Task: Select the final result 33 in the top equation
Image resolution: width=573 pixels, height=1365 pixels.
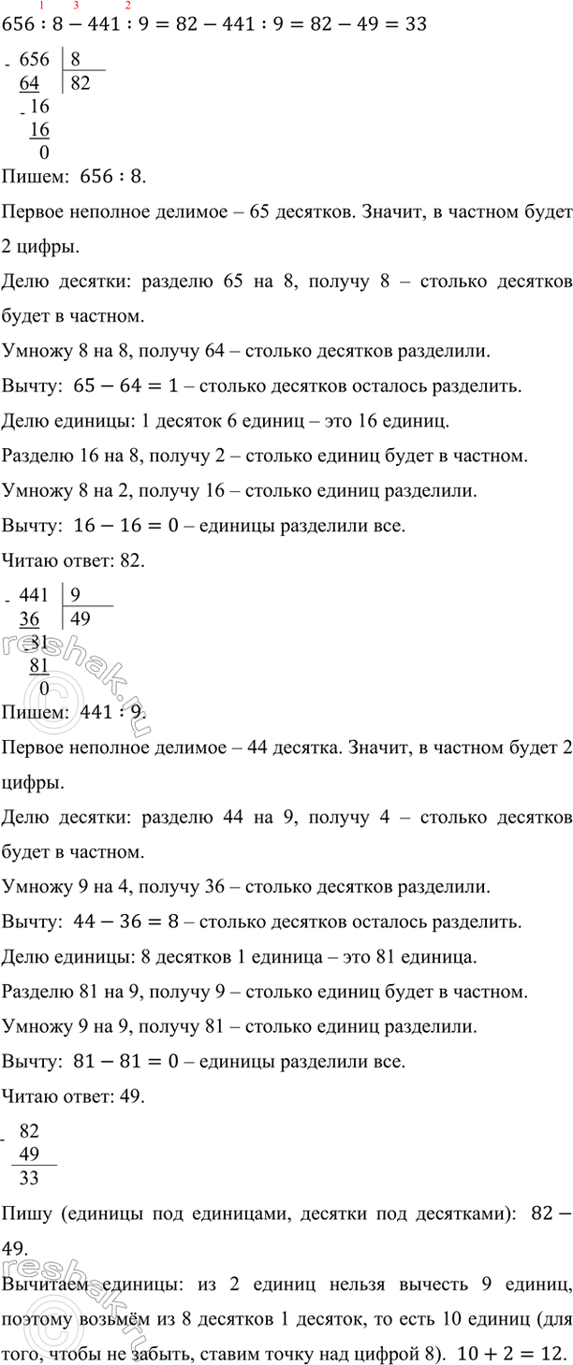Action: coord(414,25)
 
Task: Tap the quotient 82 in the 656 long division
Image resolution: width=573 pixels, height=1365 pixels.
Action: coord(81,82)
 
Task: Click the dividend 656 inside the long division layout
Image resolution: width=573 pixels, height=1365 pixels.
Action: coord(34,61)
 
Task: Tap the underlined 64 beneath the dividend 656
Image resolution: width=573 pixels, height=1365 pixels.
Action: coord(30,83)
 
